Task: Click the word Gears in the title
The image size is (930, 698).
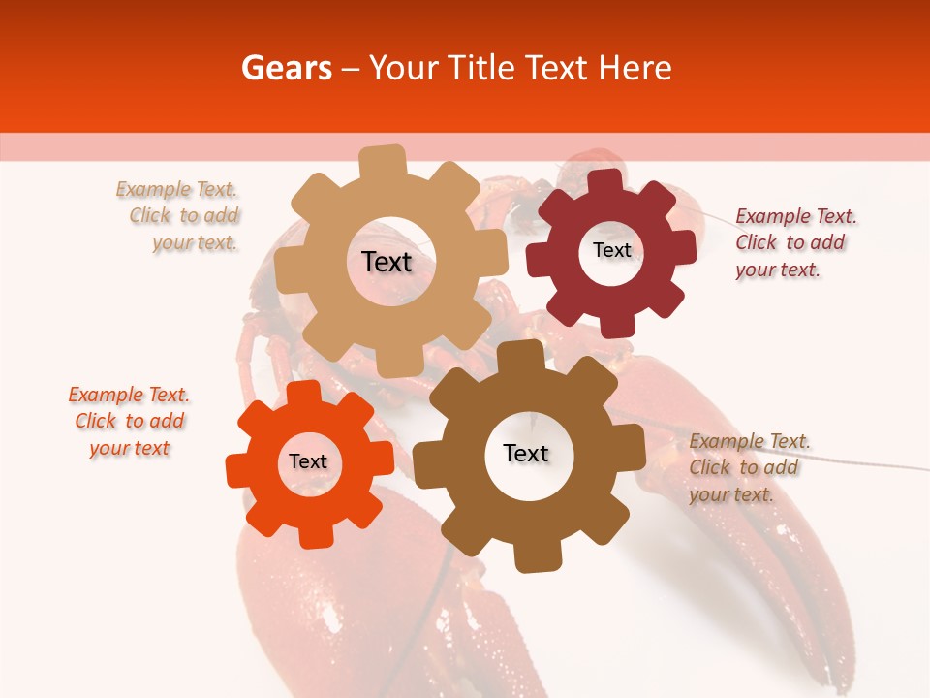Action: pos(286,69)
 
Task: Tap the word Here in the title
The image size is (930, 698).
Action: pos(635,69)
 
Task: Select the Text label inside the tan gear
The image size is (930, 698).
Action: pos(387,262)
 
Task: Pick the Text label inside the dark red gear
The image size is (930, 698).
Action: pos(612,250)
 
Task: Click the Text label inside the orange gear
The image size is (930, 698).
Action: pos(308,462)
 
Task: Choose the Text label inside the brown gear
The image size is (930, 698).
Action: pos(526,454)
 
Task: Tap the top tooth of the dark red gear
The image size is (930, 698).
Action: pos(605,181)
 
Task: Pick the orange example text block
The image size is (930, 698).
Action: pos(129,421)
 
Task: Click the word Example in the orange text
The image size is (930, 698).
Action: pos(104,395)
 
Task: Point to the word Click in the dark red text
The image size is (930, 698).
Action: pos(756,242)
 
